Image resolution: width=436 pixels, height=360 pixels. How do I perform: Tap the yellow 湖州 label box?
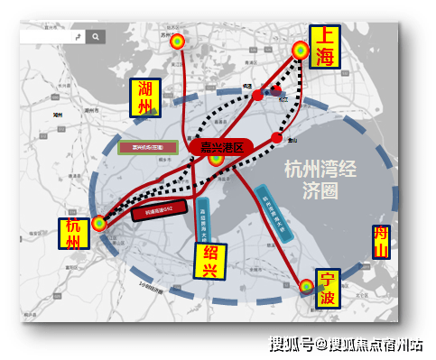(x=145, y=98)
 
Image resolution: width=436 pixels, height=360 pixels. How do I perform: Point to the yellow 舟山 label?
(x=382, y=243)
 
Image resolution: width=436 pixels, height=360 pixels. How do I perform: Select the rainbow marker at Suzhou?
(x=177, y=42)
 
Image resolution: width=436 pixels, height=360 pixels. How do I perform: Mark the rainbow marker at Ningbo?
(x=307, y=287)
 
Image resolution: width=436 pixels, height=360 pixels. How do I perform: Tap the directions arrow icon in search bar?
(x=79, y=37)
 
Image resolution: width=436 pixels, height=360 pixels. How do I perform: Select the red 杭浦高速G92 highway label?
(x=158, y=209)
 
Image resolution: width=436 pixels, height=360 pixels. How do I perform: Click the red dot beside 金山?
(x=276, y=137)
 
